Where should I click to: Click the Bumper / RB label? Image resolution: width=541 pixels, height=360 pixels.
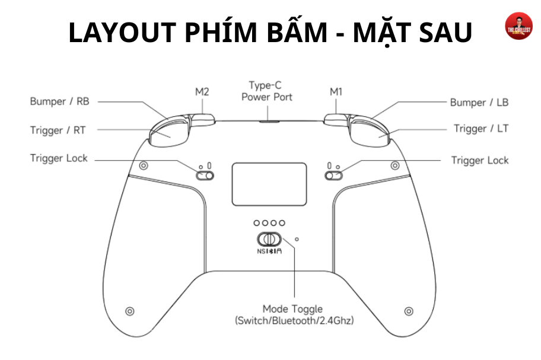pos(60,101)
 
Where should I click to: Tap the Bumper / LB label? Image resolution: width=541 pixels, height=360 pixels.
pos(479,103)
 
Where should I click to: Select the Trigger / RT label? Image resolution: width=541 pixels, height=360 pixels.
pos(58,130)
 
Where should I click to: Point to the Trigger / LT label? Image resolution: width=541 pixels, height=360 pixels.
pos(481,129)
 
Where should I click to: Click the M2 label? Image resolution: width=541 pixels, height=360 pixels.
pos(202,92)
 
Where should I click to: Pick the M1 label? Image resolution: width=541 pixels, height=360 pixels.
pos(336,92)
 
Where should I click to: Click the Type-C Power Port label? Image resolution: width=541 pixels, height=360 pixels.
pos(267,91)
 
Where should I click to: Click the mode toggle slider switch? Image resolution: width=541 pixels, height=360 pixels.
pos(269,239)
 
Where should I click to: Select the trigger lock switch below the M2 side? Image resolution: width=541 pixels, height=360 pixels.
pos(205,176)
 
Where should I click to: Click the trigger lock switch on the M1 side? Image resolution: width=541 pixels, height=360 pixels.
pos(333,176)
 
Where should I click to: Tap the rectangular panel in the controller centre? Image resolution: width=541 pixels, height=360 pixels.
pos(269,184)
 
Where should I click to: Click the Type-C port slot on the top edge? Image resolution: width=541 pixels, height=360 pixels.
pos(269,121)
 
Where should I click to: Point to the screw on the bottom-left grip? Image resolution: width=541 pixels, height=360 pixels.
pos(130,311)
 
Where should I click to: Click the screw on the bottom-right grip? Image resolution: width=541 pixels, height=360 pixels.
pos(409,311)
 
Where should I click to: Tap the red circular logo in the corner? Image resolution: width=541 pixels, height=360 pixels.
pos(518,26)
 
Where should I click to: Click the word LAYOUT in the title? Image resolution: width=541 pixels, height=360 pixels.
pos(122,33)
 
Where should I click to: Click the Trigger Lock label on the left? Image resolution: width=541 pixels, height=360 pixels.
pos(59,158)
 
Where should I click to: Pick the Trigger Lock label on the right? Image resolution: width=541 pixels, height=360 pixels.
pos(480,160)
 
